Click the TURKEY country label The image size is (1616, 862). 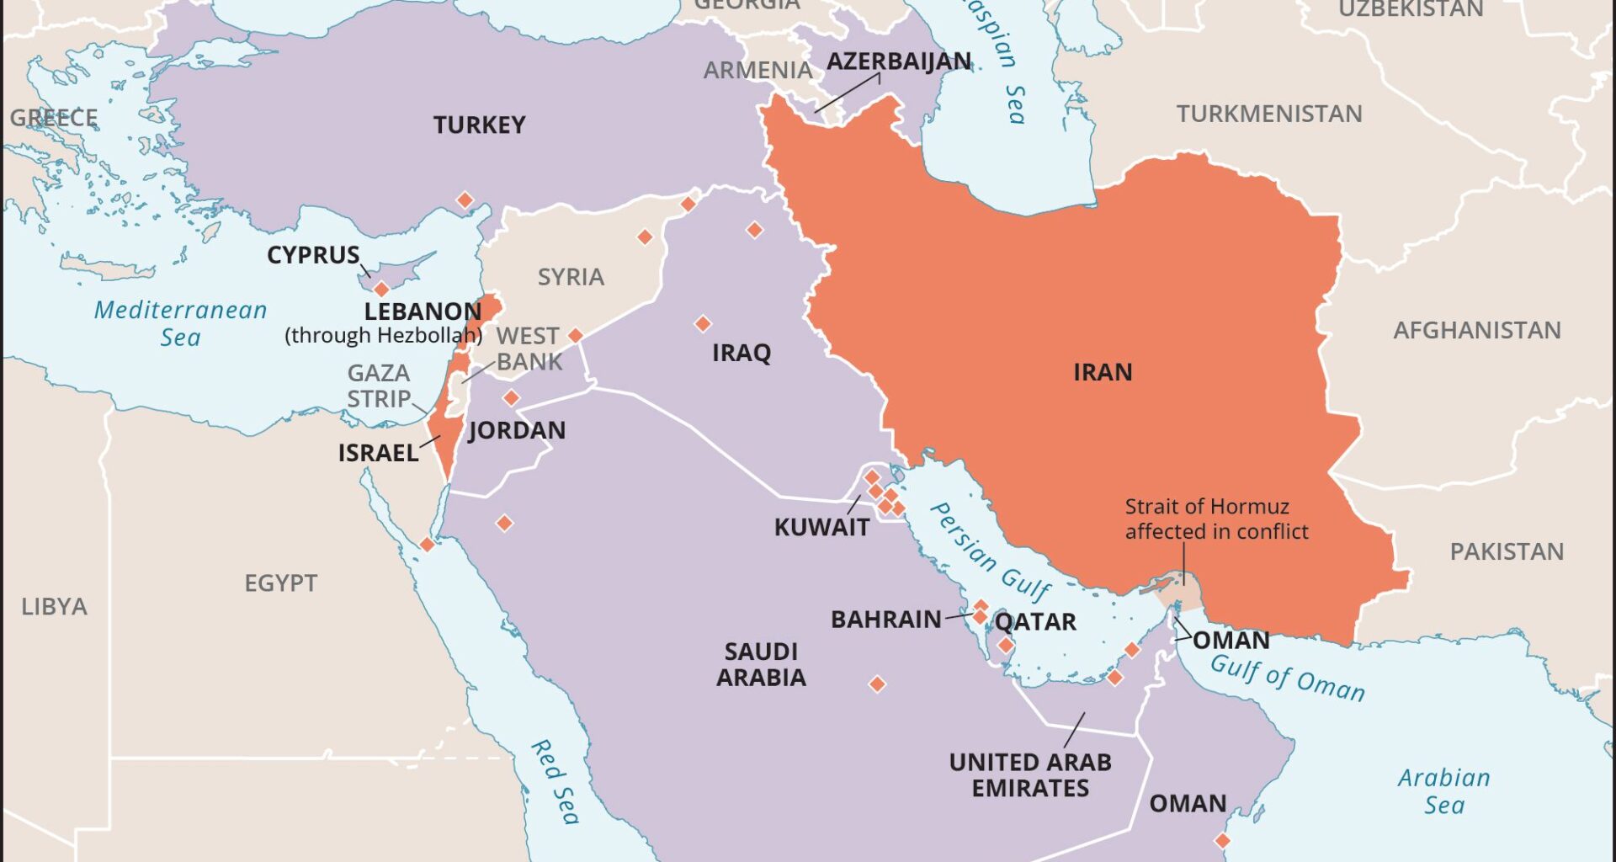pos(479,125)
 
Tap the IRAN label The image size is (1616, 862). pos(1102,372)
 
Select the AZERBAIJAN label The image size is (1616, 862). pos(898,61)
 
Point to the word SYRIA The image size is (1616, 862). pos(571,277)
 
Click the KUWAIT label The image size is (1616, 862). pos(821,528)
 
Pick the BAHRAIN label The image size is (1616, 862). pos(885,620)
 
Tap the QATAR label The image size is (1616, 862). pos(1035,622)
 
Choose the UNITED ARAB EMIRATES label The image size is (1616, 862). pos(1030,775)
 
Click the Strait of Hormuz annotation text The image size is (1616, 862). pos(1216,519)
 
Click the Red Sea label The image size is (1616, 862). pos(555,782)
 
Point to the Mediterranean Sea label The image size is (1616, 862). pos(180,323)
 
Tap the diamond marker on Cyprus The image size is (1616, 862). pos(381,290)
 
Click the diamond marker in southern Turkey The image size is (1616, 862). pos(465,200)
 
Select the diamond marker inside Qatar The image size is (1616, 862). pos(1006,646)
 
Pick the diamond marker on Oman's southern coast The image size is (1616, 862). pos(1222,840)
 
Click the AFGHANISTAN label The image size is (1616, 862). pos(1476,330)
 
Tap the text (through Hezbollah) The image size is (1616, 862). pos(383,335)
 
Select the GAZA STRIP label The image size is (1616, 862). pos(379,386)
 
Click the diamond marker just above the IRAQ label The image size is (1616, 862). pos(703,323)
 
